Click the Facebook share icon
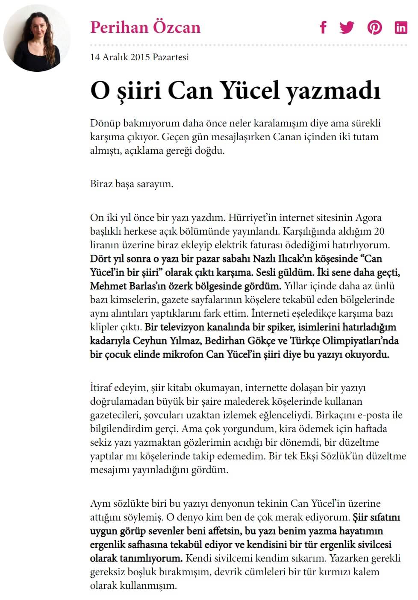323,27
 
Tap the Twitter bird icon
347,27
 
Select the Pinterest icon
374,27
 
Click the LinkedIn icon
400,27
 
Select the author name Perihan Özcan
145,27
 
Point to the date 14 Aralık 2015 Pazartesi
139,57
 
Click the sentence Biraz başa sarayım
132,184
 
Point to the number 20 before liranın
379,231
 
